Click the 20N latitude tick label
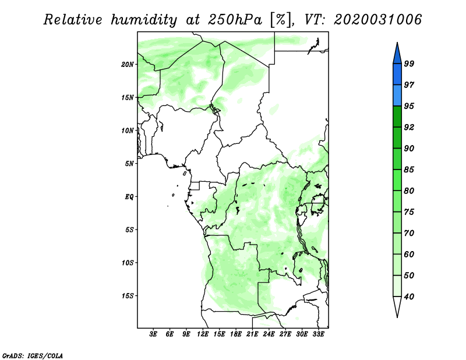click(128, 65)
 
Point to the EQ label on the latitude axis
click(129, 197)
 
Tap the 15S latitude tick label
click(128, 296)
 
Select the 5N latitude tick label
click(129, 164)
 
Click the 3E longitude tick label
click(153, 334)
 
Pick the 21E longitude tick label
click(252, 334)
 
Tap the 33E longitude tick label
click(318, 334)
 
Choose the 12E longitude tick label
click(203, 334)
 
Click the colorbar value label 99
click(409, 63)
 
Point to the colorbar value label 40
click(409, 297)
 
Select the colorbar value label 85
click(409, 170)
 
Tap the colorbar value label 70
click(409, 233)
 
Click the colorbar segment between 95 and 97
click(397, 96)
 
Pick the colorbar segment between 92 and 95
click(397, 117)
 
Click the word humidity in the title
click(144, 20)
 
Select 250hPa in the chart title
click(235, 20)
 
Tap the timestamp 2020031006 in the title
click(377, 20)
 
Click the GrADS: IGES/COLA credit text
click(33, 356)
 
